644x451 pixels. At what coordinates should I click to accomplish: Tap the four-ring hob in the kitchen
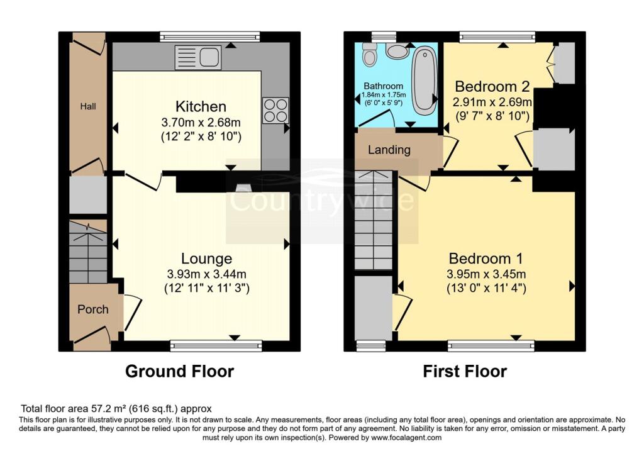click(x=275, y=110)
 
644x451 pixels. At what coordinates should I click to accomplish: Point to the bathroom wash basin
click(x=397, y=51)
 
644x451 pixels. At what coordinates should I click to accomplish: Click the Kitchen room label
click(x=201, y=106)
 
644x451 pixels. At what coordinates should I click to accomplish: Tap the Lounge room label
click(x=207, y=259)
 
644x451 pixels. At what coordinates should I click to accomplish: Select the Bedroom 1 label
click(x=486, y=259)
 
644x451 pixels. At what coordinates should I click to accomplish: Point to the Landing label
click(x=389, y=150)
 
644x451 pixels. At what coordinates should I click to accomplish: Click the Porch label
click(x=92, y=309)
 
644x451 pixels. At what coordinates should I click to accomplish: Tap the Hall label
click(x=88, y=107)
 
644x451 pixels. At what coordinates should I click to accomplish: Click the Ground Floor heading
click(x=179, y=371)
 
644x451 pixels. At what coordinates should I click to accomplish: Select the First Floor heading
click(x=464, y=371)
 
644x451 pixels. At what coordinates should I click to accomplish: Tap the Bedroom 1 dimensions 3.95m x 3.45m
click(x=486, y=274)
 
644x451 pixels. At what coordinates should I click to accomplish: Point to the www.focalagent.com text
click(x=406, y=437)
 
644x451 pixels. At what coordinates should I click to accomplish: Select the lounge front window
click(x=216, y=345)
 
